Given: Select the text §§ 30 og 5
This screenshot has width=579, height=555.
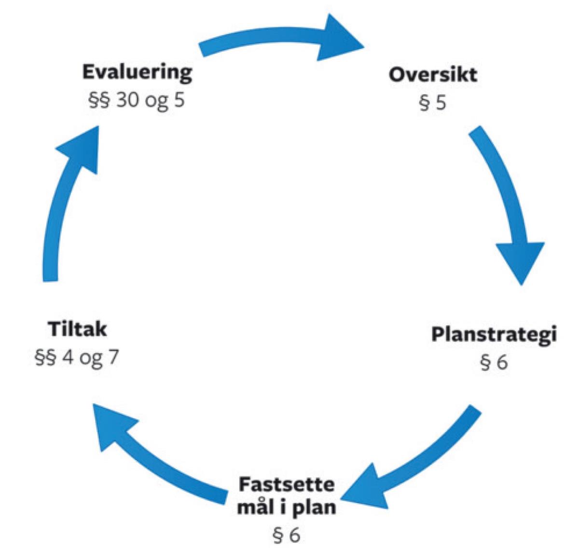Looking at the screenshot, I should [x=137, y=102].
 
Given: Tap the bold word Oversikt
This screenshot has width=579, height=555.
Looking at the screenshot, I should [x=433, y=75].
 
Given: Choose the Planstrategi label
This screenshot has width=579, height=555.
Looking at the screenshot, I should [x=494, y=335].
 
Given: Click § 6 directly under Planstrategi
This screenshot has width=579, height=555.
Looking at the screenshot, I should [x=494, y=362].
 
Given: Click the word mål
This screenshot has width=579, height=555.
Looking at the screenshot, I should [x=256, y=507].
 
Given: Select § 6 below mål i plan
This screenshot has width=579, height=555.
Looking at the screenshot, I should [x=287, y=535].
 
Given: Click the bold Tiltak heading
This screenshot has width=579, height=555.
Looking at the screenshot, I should [x=77, y=330].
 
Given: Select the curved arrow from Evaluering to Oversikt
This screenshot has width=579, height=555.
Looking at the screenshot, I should [x=270, y=41].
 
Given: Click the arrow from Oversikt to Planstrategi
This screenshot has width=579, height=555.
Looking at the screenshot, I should [x=504, y=193].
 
